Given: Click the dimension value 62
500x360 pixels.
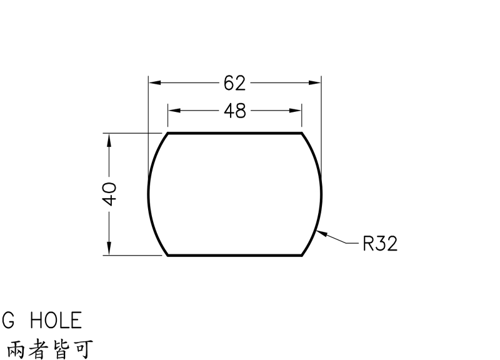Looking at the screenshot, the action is [235, 83].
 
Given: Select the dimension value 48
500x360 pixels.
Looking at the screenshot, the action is [235, 111].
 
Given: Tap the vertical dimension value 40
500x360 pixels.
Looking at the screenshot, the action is [109, 194].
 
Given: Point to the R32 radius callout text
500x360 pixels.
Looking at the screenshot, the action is [381, 244].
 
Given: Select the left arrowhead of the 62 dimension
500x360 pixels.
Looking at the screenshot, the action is [155, 83].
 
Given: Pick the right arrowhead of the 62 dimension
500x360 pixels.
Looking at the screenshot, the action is [315, 83].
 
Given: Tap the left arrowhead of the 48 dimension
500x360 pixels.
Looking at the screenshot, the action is [174, 111].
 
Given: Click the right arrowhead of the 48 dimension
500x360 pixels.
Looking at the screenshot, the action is [295, 111].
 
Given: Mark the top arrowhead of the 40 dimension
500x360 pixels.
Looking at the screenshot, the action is [109, 140].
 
